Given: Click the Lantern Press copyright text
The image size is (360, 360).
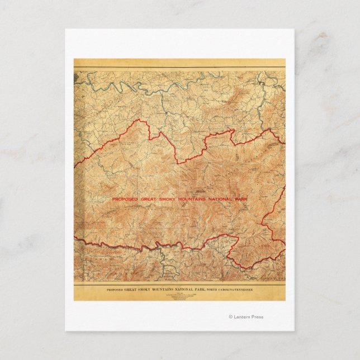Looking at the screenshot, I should point(246,317).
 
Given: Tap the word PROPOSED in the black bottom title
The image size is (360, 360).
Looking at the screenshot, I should point(117,291).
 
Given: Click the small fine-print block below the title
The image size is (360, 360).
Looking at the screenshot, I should point(179,297).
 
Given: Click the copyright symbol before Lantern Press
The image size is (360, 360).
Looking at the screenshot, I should point(230,317).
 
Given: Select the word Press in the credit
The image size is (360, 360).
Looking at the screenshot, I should point(257,317).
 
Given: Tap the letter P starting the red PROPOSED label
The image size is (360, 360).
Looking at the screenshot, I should point(113,199).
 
